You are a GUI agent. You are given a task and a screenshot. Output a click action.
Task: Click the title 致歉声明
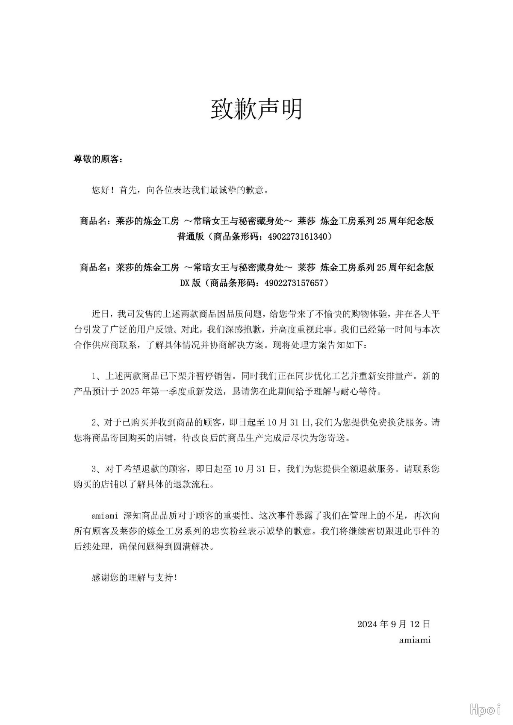pos(256,109)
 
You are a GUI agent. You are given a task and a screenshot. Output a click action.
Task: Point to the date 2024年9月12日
pos(393,624)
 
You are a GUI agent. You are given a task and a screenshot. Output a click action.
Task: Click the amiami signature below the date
pos(414,640)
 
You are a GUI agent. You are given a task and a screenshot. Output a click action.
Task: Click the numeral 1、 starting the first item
pos(97,376)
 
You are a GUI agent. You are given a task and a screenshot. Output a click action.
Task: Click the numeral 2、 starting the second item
pos(97,423)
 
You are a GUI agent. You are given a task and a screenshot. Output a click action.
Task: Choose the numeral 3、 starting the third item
pos(97,469)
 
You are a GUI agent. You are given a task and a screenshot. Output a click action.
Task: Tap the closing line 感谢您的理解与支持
pos(134,578)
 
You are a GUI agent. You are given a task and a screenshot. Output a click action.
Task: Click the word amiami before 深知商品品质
pos(105,516)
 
